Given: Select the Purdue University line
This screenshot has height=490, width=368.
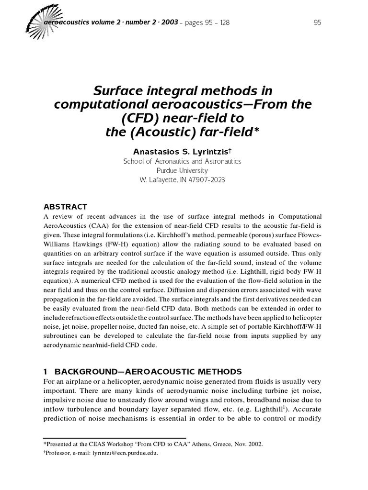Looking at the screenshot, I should coord(182,170).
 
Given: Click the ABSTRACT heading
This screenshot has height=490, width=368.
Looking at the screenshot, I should coord(65,207).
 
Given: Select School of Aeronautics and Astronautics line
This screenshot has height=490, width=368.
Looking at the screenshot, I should coord(182,161).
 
